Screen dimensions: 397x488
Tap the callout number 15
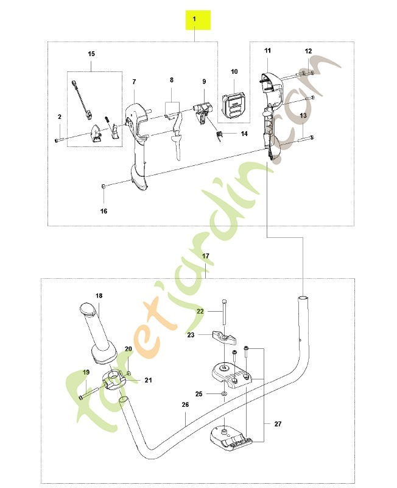(91, 54)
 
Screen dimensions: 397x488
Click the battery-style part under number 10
(234, 106)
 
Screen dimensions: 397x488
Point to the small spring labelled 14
(220, 135)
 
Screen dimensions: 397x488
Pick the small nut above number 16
(104, 187)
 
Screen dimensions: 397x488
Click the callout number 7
(134, 82)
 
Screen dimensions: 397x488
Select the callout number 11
(268, 51)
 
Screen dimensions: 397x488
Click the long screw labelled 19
(88, 393)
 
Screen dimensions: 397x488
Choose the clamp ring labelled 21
(113, 379)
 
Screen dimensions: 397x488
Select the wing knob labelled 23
(223, 338)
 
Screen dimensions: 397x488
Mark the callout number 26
(185, 405)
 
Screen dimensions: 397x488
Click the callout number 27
(278, 424)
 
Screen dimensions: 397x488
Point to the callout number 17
(206, 256)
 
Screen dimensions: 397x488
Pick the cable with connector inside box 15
(82, 98)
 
